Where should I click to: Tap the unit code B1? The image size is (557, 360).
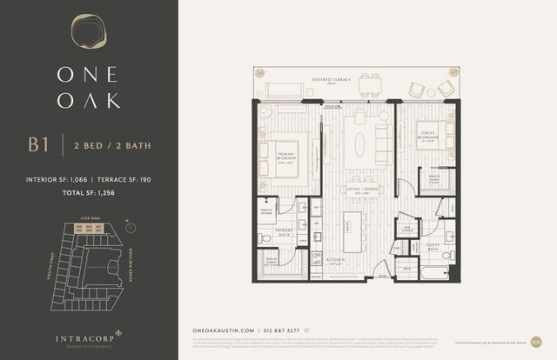[38, 144]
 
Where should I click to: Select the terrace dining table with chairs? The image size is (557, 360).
[371, 86]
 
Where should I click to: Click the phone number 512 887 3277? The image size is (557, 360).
[283, 330]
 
